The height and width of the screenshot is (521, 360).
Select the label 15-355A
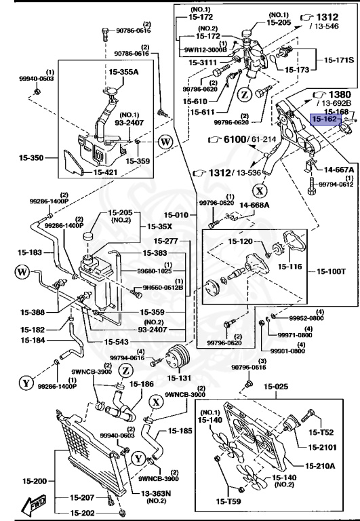pyautogui.click(x=123, y=70)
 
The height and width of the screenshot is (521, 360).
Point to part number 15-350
pyautogui.click(x=31, y=158)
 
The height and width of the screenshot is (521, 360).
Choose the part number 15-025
pyautogui.click(x=276, y=387)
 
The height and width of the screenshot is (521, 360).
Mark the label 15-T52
pyautogui.click(x=321, y=432)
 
